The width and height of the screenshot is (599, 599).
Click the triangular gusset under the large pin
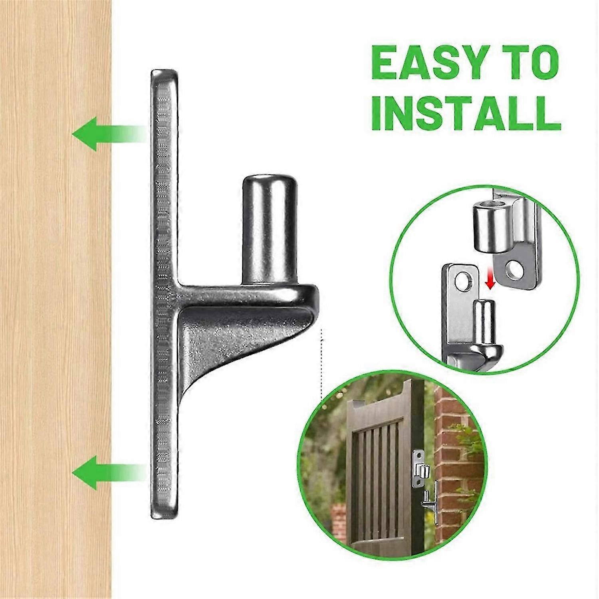point(232,339)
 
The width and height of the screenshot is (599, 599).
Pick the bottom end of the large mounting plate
point(164,516)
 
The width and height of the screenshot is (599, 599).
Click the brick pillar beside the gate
point(459,459)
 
